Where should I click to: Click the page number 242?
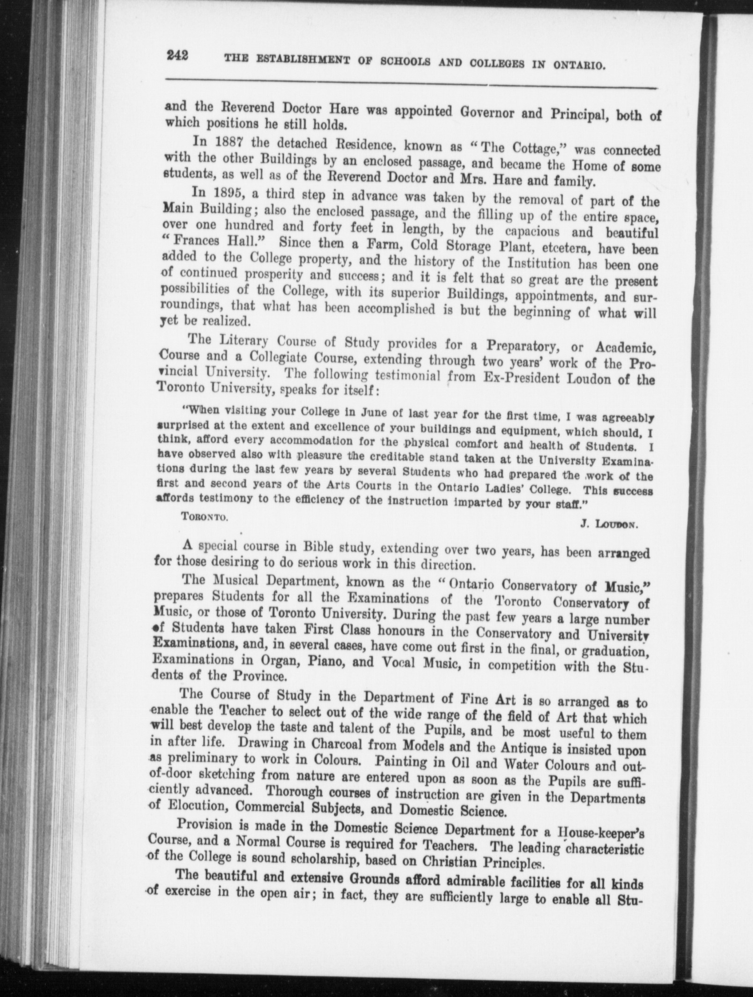click(177, 56)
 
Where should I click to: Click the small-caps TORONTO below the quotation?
click(205, 517)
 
